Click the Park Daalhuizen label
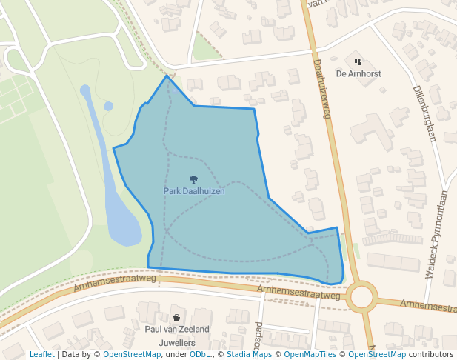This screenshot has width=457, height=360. tap(194, 191)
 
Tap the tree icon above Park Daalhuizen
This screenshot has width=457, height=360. tap(194, 179)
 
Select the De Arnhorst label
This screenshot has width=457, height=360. tap(358, 73)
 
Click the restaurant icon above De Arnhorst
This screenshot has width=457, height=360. tap(358, 62)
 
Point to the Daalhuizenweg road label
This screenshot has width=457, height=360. tap(321, 89)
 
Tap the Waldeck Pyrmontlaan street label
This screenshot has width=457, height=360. tap(437, 234)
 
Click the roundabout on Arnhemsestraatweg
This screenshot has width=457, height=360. tap(362, 297)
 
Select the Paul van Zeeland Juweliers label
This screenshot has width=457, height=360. tap(177, 336)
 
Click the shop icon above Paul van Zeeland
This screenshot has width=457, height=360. tap(176, 318)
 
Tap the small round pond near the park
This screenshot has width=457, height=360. tap(109, 106)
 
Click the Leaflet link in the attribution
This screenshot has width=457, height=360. tap(41, 355)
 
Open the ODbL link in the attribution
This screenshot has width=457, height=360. tap(199, 355)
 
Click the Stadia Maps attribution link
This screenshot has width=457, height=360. tap(249, 355)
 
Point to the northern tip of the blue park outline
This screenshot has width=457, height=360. tap(167, 76)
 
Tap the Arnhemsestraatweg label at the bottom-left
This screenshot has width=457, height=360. tap(115, 283)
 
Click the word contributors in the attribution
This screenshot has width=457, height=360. tap(431, 355)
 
